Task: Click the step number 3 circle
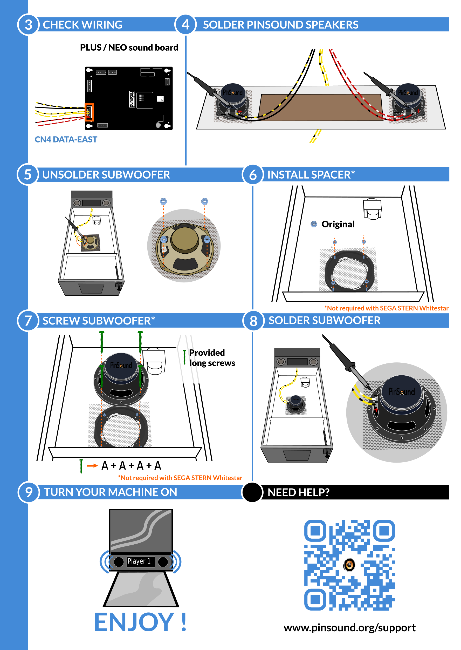coord(28,25)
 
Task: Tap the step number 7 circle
coord(28,321)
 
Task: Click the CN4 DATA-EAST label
coord(66,139)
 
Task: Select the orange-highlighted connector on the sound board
coord(90,112)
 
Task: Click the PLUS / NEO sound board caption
coord(129,48)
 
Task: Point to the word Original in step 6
coord(338,224)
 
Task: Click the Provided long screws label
coord(212,358)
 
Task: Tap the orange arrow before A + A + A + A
coord(92,465)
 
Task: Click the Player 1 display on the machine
coord(139,561)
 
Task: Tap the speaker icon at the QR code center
coord(349,565)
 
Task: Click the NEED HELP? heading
coord(298,492)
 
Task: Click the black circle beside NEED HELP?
coord(252,492)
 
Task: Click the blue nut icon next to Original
coord(314,224)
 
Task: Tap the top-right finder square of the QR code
coord(384,530)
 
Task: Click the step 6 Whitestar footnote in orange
coord(386,308)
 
